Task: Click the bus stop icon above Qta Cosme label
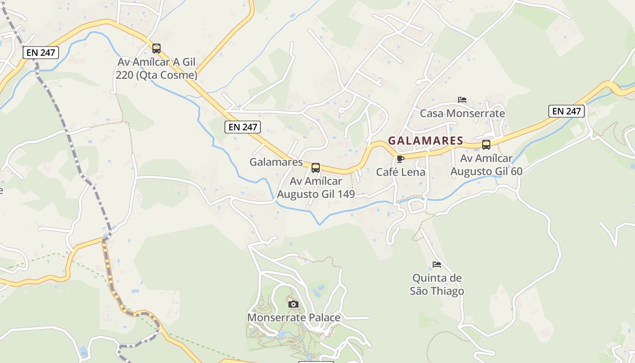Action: coord(156,48)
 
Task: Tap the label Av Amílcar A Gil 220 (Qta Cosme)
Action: coord(156,69)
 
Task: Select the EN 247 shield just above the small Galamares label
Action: coord(243,127)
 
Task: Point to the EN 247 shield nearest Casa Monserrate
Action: coord(566,111)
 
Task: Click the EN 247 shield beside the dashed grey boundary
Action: coord(41,53)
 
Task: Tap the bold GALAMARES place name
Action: coord(425,141)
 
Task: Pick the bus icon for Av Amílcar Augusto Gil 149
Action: coord(316,168)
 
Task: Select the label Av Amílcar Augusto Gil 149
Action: coord(316,188)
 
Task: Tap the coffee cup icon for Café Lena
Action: coord(400,159)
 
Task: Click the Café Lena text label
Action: coord(401,172)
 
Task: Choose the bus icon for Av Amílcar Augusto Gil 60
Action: coord(486,145)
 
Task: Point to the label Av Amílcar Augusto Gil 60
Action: coord(486,165)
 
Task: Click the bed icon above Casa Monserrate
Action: coord(462,99)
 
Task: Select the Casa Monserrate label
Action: coord(462,113)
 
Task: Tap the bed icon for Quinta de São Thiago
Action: coord(437,264)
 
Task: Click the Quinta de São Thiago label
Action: coord(437,285)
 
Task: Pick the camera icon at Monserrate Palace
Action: coord(293,304)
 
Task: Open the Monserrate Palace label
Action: coord(293,318)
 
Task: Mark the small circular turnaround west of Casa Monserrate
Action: coord(341,110)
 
